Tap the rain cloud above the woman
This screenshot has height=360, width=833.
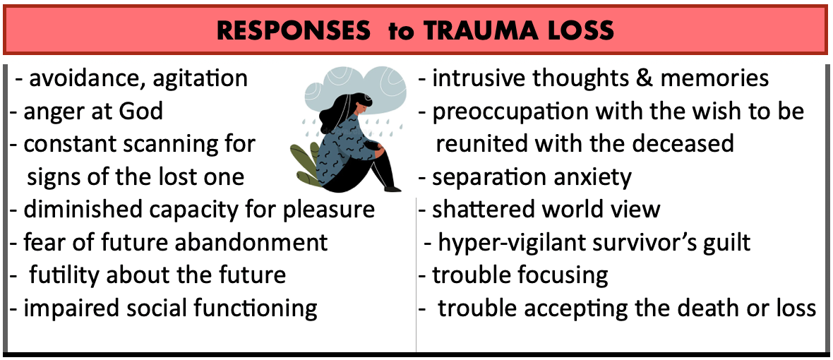(x=360, y=90)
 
